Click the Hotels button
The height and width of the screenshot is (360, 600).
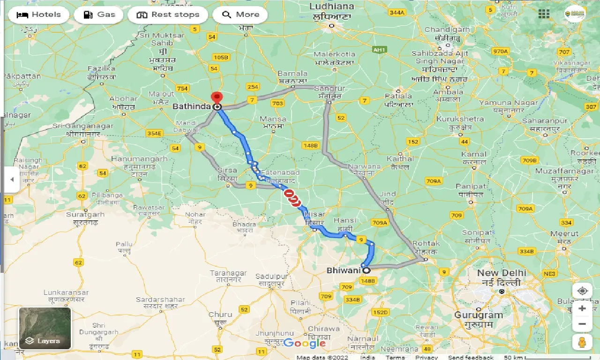pyautogui.click(x=39, y=15)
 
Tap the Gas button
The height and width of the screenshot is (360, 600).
pyautogui.click(x=99, y=15)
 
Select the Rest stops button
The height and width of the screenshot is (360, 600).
pyautogui.click(x=168, y=15)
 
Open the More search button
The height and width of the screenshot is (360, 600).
pyautogui.click(x=240, y=15)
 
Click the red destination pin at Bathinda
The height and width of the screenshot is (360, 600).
pyautogui.click(x=217, y=97)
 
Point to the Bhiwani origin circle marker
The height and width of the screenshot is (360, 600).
pyautogui.click(x=366, y=270)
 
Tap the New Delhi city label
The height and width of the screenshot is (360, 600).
pyautogui.click(x=502, y=273)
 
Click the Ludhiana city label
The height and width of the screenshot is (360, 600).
pyautogui.click(x=332, y=7)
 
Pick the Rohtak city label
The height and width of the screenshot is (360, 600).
pyautogui.click(x=427, y=244)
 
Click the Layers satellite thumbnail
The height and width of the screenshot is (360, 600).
pyautogui.click(x=45, y=328)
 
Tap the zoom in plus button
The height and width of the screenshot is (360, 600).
pyautogui.click(x=582, y=308)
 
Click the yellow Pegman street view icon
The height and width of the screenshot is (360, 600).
pyautogui.click(x=582, y=342)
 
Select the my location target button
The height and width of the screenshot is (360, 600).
pyautogui.click(x=582, y=291)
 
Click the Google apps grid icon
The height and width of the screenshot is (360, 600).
pyautogui.click(x=544, y=14)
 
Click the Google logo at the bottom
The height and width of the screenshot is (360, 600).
pyautogui.click(x=304, y=343)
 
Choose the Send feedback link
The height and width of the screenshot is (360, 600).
pyautogui.click(x=471, y=357)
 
